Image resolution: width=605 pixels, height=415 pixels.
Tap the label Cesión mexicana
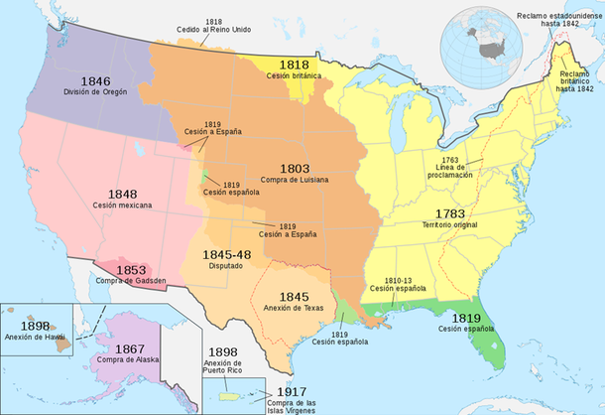click(124, 206)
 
